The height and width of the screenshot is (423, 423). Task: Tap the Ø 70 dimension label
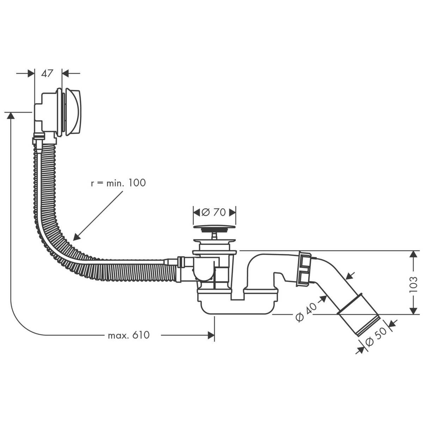(x=214, y=212)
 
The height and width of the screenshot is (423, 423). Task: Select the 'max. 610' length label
(x=129, y=335)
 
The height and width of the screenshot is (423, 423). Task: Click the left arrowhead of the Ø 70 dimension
(x=196, y=212)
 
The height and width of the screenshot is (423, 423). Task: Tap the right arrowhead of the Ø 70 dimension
(x=232, y=212)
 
